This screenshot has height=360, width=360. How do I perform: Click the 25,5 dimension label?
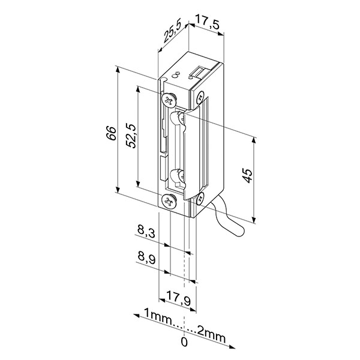[x=172, y=31]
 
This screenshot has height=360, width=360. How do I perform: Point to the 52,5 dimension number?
[x=131, y=136]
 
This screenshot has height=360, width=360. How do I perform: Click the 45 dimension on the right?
[x=247, y=176]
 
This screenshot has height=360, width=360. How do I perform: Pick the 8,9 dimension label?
[x=146, y=257]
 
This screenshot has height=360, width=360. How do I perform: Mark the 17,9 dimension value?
[x=179, y=298]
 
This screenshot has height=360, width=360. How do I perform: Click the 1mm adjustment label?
[x=158, y=317]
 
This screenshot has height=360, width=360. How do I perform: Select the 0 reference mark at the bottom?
[x=184, y=349]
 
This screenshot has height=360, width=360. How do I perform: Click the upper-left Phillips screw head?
[x=169, y=100]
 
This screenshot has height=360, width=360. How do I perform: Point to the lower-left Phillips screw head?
[x=169, y=202]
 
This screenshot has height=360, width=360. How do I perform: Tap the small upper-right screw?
[x=200, y=97]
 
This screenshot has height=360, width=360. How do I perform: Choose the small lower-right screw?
[x=200, y=197]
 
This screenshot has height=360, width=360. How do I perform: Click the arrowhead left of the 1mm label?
[x=136, y=316]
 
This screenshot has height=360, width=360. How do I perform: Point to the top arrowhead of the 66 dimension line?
[x=118, y=70]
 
